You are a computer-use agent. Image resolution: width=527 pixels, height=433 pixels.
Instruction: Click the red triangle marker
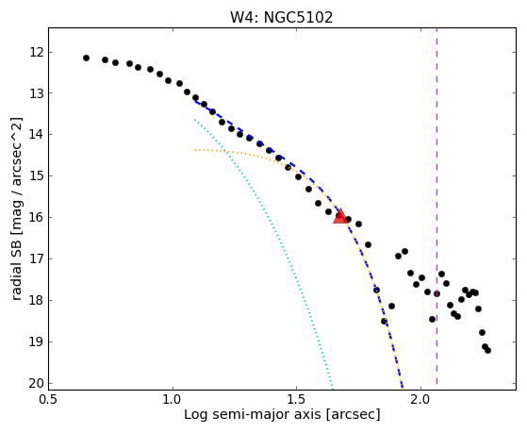tap(340, 216)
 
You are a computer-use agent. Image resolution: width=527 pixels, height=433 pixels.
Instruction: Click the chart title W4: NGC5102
tap(282, 18)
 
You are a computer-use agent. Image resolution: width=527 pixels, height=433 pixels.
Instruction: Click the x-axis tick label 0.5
tap(49, 399)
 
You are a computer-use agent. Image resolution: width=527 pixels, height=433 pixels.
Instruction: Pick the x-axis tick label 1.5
tap(296, 399)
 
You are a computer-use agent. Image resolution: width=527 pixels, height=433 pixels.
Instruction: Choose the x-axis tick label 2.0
tap(420, 399)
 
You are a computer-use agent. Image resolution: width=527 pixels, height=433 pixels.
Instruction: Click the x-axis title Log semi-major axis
tap(253, 414)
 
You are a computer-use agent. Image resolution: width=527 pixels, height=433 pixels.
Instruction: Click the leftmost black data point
tap(86, 58)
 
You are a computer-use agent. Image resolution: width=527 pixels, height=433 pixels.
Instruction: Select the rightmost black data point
tap(487, 350)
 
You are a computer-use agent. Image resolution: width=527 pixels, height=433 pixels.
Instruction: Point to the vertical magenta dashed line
tap(436, 206)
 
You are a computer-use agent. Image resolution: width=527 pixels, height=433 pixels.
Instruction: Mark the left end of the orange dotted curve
tap(195, 150)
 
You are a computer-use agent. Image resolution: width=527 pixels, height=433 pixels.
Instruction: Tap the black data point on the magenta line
tap(436, 293)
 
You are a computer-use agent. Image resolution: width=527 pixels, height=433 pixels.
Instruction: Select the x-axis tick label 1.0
tap(173, 399)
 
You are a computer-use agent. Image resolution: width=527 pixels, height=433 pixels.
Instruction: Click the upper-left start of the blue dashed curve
tap(195, 101)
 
